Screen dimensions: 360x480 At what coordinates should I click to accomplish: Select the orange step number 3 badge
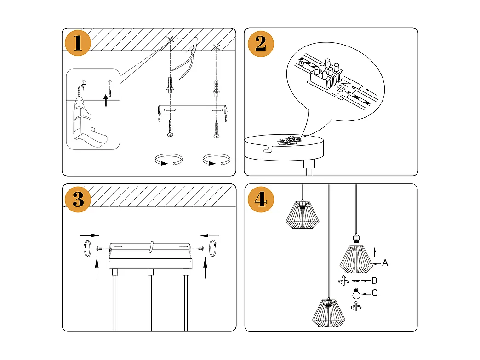point(78,200)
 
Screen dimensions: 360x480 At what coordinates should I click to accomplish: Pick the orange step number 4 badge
point(261,200)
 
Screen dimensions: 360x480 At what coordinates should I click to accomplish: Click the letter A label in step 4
point(385,263)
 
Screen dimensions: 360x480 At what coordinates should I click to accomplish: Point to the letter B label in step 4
point(374,280)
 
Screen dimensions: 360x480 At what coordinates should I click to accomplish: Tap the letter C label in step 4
point(375,293)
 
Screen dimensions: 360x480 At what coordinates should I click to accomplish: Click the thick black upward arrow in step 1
point(106,100)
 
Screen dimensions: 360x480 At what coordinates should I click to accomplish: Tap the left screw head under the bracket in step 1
point(170,134)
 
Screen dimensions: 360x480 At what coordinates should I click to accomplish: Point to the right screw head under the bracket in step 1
point(216,135)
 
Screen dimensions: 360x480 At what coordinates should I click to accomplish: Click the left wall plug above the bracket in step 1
point(170,86)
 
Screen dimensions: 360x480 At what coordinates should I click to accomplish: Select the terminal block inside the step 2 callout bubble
point(328,75)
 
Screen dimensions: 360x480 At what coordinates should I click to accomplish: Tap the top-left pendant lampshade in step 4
point(302,214)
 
